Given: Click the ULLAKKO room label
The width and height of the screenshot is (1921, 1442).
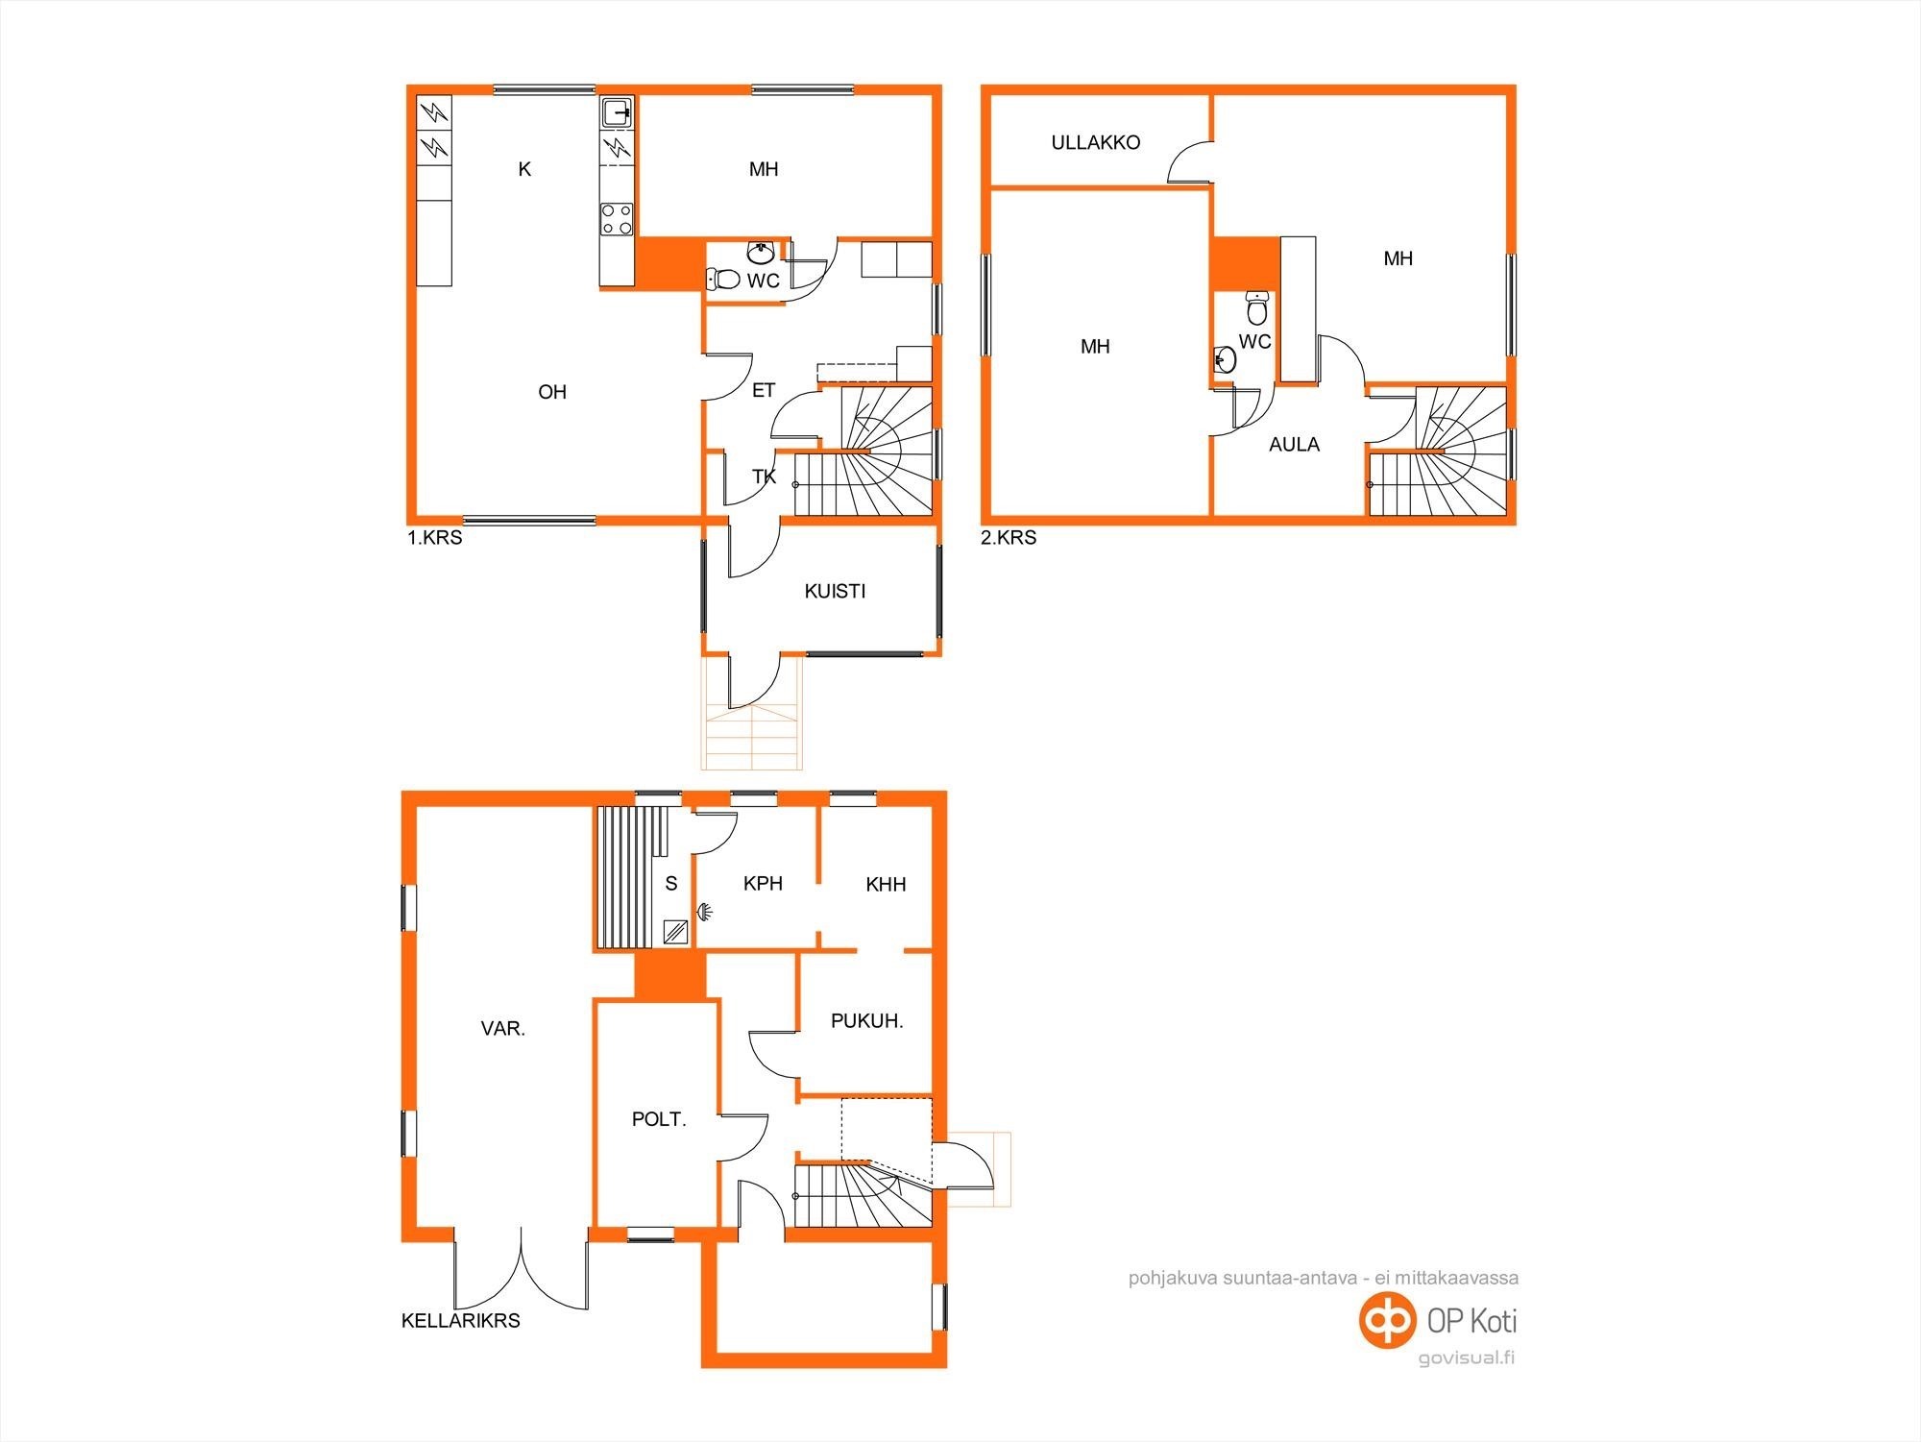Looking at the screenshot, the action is pos(1095,143).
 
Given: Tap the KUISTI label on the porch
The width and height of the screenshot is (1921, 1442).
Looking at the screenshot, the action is pos(835,592).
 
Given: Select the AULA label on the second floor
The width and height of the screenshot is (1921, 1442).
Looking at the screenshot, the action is pos(1294,445).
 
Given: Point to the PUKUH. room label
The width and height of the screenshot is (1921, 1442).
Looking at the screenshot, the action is pos(866,1021).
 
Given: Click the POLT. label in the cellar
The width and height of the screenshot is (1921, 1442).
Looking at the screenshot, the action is pos(659,1119).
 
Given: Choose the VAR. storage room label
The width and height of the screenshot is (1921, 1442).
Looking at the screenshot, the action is pos(502,1029).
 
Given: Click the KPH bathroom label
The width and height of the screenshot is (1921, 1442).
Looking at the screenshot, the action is pos(763,884).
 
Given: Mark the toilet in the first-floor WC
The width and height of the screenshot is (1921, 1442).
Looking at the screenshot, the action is pos(723,280).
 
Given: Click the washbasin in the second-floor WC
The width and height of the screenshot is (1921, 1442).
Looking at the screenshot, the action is pos(1225,360).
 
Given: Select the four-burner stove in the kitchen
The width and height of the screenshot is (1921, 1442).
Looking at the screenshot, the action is pos(617,219).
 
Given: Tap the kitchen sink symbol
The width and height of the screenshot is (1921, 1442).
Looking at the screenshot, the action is pos(617,112).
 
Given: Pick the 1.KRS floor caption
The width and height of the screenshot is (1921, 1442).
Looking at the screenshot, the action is pos(434,538).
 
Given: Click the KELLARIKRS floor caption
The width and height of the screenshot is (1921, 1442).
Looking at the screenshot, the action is pos(461,1321).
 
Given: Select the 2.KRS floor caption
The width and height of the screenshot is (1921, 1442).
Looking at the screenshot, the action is pos(1009,538).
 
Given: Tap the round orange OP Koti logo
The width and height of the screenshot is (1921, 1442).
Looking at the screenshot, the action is pos(1387,1320).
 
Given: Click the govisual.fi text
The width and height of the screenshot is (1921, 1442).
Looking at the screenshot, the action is pos(1467,1358).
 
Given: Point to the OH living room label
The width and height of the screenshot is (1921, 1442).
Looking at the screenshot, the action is pos(552,392).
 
